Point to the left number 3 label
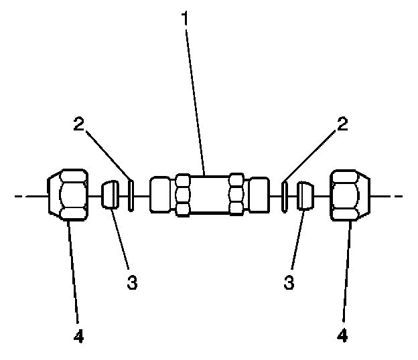tap(132, 283)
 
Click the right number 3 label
tap(289, 283)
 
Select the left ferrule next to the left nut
tap(111, 196)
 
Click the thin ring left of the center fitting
tap(131, 196)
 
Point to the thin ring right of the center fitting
tap(285, 196)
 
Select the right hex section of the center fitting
tap(236, 195)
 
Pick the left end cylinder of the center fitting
tap(161, 195)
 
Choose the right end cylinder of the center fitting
tap(259, 195)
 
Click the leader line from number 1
tap(196, 100)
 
